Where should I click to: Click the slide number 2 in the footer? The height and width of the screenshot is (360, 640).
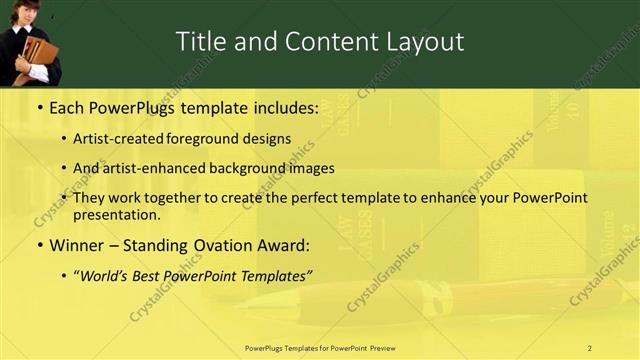coord(589,348)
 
